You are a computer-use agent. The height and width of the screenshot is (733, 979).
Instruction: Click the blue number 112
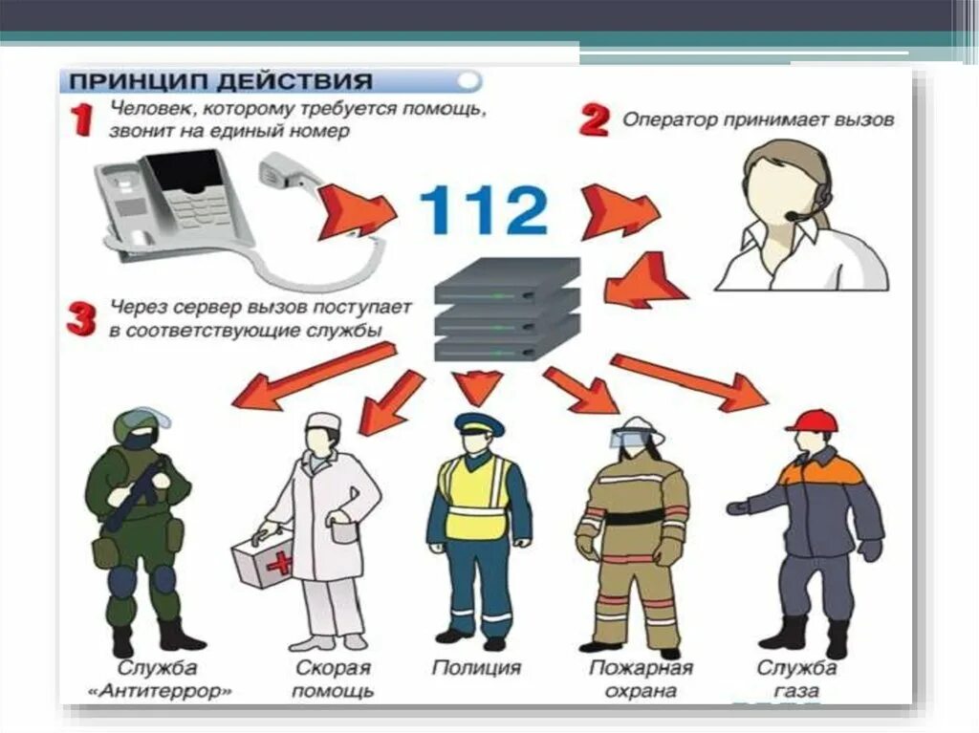coord(483,209)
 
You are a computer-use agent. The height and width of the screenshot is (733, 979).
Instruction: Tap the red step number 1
coord(83,122)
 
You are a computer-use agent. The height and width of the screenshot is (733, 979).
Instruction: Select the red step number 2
coord(595,120)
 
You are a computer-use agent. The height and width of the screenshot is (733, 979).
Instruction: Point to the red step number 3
coord(81,319)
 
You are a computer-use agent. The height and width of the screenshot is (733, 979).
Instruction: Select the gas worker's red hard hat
coord(811,420)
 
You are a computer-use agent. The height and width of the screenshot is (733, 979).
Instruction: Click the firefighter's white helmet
coord(640,429)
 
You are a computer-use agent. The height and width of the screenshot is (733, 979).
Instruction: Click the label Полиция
coord(476,667)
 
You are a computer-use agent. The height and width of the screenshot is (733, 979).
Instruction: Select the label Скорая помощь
coord(332,679)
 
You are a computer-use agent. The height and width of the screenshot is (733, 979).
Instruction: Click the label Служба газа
coord(796,679)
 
